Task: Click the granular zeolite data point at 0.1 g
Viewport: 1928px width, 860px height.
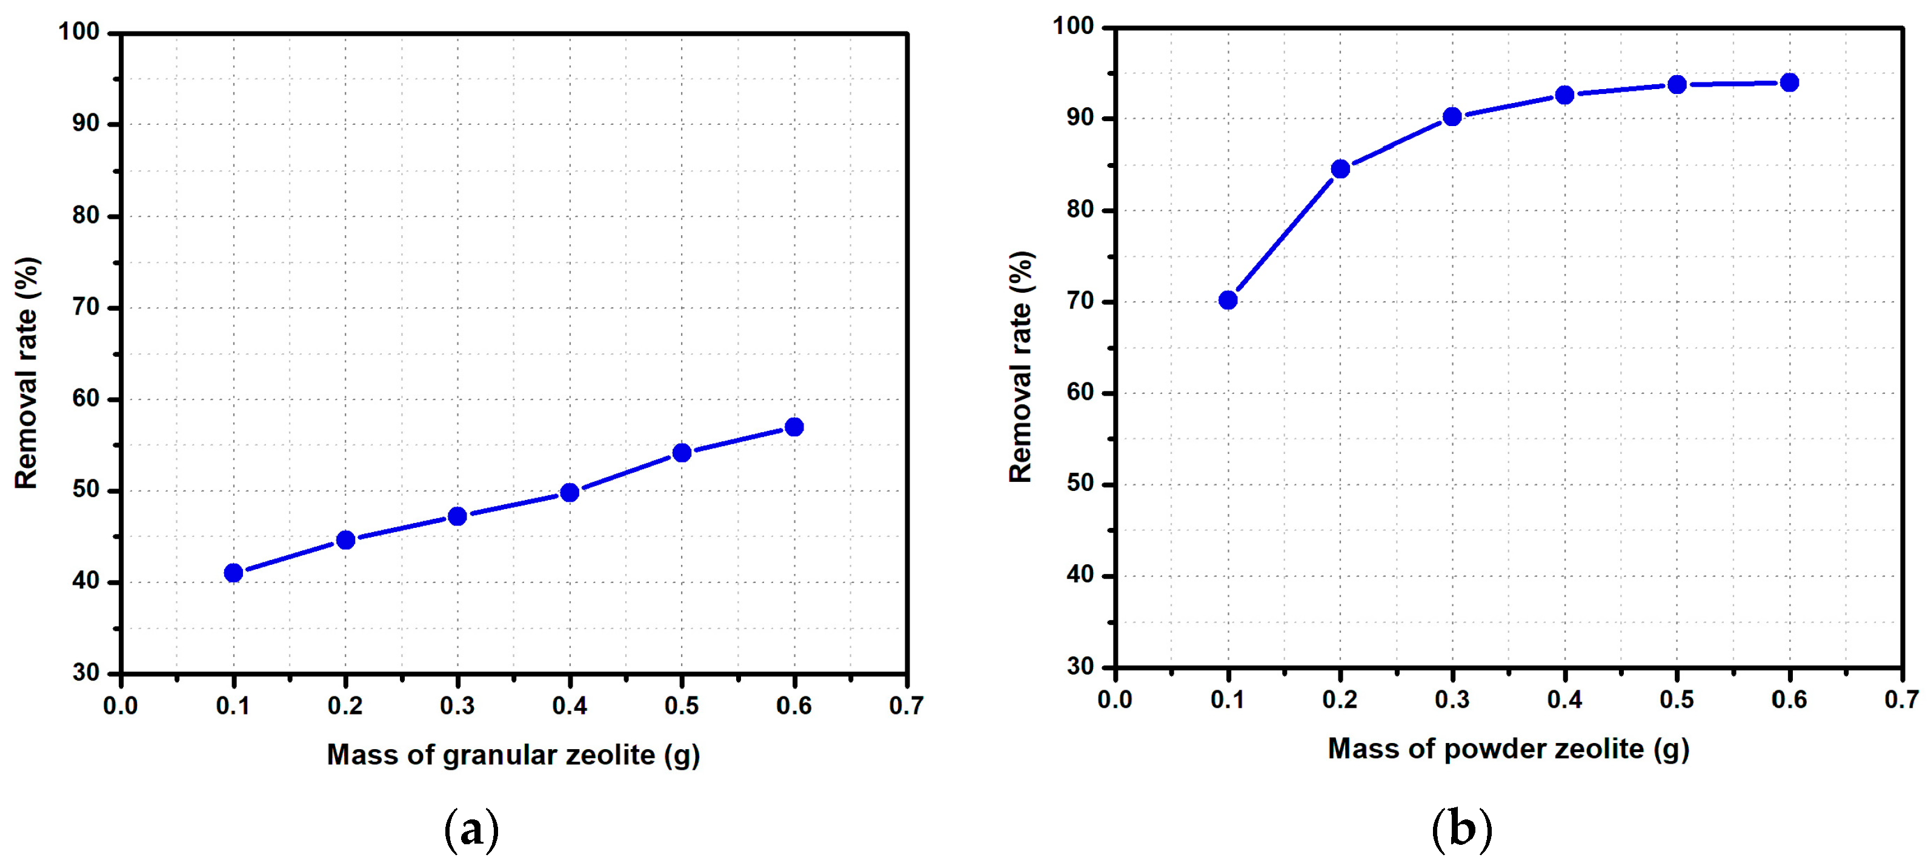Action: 233,573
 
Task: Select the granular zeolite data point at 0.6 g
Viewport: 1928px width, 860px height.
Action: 794,427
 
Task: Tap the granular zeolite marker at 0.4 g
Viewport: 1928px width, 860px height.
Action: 570,493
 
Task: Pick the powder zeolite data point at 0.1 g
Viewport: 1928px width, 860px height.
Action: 1228,300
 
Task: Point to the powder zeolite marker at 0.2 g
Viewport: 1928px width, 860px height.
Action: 1340,168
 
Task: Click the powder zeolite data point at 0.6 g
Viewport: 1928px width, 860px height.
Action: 1789,82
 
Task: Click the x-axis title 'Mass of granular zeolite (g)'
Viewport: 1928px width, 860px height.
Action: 513,755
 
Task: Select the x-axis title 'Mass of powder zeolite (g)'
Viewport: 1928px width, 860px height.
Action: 1508,748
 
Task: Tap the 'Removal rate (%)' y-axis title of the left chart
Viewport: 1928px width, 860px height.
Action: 26,373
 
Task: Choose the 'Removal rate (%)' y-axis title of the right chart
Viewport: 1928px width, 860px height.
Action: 1021,366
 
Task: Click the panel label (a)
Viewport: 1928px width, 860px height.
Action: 471,829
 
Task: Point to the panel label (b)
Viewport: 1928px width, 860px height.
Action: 1461,829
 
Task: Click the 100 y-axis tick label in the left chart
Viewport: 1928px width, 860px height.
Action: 79,32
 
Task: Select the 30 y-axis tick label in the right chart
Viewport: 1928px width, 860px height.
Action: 1080,666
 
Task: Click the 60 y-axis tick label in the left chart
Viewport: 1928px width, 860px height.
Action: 86,398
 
